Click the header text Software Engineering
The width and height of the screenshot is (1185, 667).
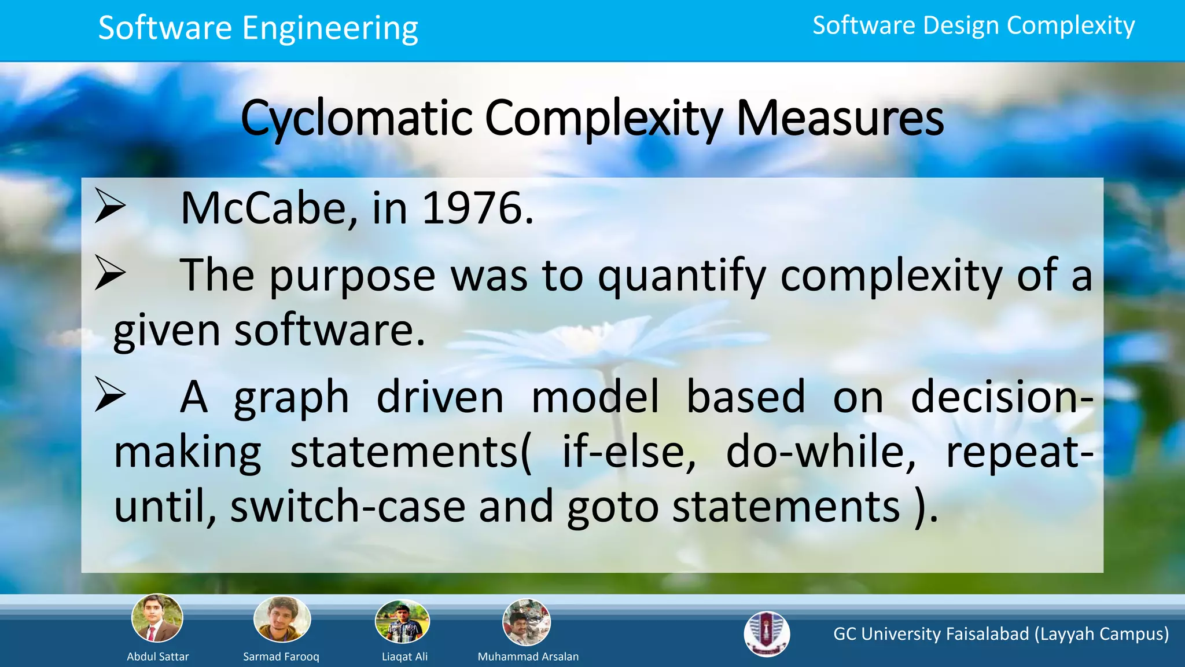click(258, 28)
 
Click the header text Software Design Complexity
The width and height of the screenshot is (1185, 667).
click(973, 26)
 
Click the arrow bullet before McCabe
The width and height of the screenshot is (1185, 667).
click(110, 206)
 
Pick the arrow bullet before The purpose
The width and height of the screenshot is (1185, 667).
click(110, 273)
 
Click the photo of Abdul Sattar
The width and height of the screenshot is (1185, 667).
click(157, 618)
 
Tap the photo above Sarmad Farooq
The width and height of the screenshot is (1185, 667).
click(282, 619)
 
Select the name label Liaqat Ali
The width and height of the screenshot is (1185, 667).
click(404, 657)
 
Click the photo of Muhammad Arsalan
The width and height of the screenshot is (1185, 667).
click(527, 622)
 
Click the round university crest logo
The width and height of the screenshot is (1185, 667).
click(767, 633)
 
